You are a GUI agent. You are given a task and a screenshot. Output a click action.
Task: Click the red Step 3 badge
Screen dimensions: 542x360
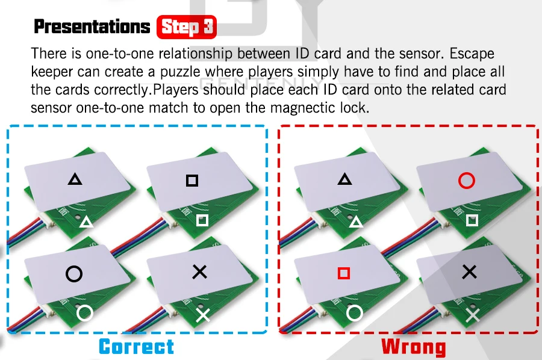[x=186, y=27]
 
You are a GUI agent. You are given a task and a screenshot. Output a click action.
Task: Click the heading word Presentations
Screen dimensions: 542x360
[x=92, y=27]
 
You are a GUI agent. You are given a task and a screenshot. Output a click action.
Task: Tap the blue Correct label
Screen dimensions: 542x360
[x=136, y=347]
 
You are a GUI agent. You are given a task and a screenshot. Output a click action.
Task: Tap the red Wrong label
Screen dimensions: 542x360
[x=414, y=347]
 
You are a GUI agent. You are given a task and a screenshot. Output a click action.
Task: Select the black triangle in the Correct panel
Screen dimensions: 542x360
[x=75, y=179]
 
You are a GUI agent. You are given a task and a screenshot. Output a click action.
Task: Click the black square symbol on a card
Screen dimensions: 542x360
[x=192, y=180]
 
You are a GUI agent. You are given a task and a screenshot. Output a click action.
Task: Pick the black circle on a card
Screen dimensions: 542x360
[x=74, y=275]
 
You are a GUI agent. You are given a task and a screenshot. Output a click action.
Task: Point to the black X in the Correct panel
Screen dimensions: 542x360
[x=199, y=272]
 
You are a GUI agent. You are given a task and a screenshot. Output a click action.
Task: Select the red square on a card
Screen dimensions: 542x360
[x=344, y=274]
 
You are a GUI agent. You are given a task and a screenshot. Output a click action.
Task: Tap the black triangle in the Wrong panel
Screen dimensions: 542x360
[x=344, y=179]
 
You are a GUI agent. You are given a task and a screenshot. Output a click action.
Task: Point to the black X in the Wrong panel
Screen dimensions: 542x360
[x=469, y=272]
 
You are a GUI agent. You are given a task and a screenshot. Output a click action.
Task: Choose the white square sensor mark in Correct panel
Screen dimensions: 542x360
[x=202, y=220]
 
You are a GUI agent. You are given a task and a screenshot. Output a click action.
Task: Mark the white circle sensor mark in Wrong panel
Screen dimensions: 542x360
[x=355, y=312]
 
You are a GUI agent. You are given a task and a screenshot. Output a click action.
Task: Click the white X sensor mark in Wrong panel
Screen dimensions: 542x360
[x=473, y=314]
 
